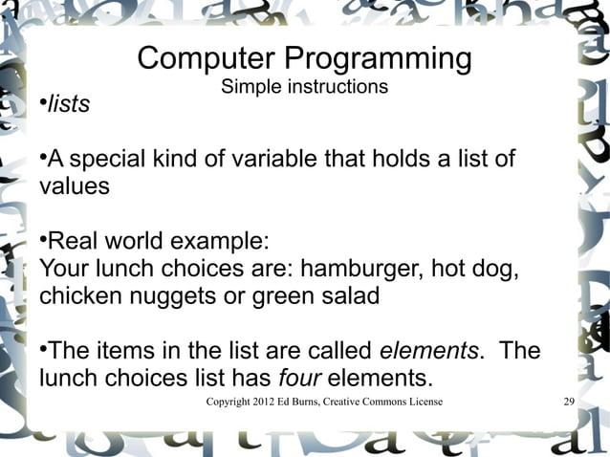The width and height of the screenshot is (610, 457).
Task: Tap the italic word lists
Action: (69, 104)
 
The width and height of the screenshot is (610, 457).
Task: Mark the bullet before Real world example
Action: (43, 234)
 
